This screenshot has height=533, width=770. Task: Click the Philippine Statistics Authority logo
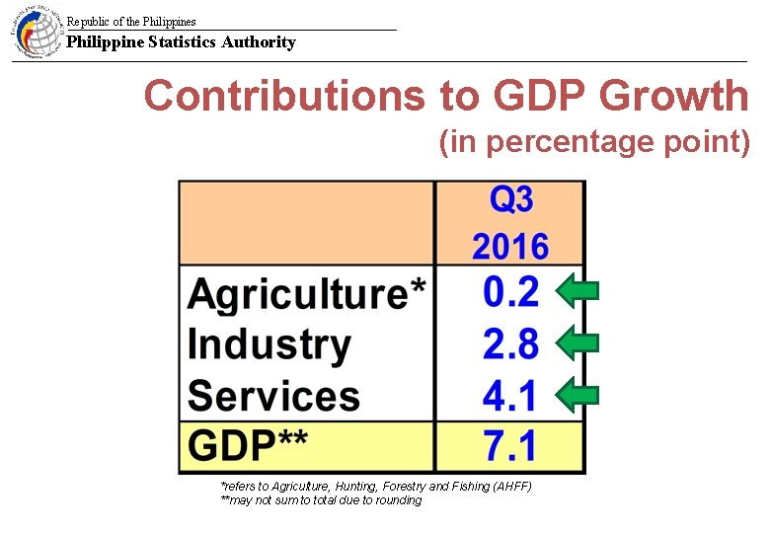pyautogui.click(x=37, y=33)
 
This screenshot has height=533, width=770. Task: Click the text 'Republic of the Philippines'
pyautogui.click(x=131, y=22)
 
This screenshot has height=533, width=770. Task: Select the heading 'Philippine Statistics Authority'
pyautogui.click(x=181, y=42)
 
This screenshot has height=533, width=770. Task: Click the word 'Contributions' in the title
pyautogui.click(x=281, y=97)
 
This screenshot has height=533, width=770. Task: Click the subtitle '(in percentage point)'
pyautogui.click(x=594, y=143)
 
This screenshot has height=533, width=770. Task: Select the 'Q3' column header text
pyautogui.click(x=510, y=201)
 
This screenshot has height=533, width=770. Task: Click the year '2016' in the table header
pyautogui.click(x=510, y=246)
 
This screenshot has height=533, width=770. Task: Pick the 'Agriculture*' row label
pyautogui.click(x=307, y=294)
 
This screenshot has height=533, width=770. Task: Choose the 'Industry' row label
pyautogui.click(x=269, y=344)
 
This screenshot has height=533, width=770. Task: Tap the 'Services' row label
pyautogui.click(x=273, y=396)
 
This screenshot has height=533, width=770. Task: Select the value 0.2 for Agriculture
pyautogui.click(x=510, y=292)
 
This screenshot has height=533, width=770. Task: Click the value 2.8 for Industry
pyautogui.click(x=510, y=344)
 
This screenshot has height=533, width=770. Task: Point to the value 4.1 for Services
pyautogui.click(x=510, y=396)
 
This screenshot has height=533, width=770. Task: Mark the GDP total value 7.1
pyautogui.click(x=510, y=446)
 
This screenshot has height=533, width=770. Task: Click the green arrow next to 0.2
pyautogui.click(x=577, y=291)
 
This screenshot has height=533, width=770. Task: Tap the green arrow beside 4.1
pyautogui.click(x=577, y=396)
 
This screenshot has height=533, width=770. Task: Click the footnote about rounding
pyautogui.click(x=321, y=500)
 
